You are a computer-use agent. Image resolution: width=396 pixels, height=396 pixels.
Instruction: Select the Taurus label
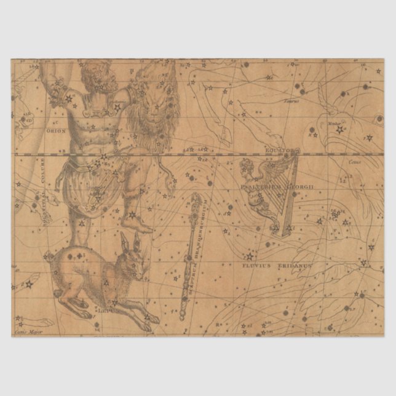click(290, 101)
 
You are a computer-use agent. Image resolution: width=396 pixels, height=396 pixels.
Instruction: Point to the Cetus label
click(355, 162)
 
